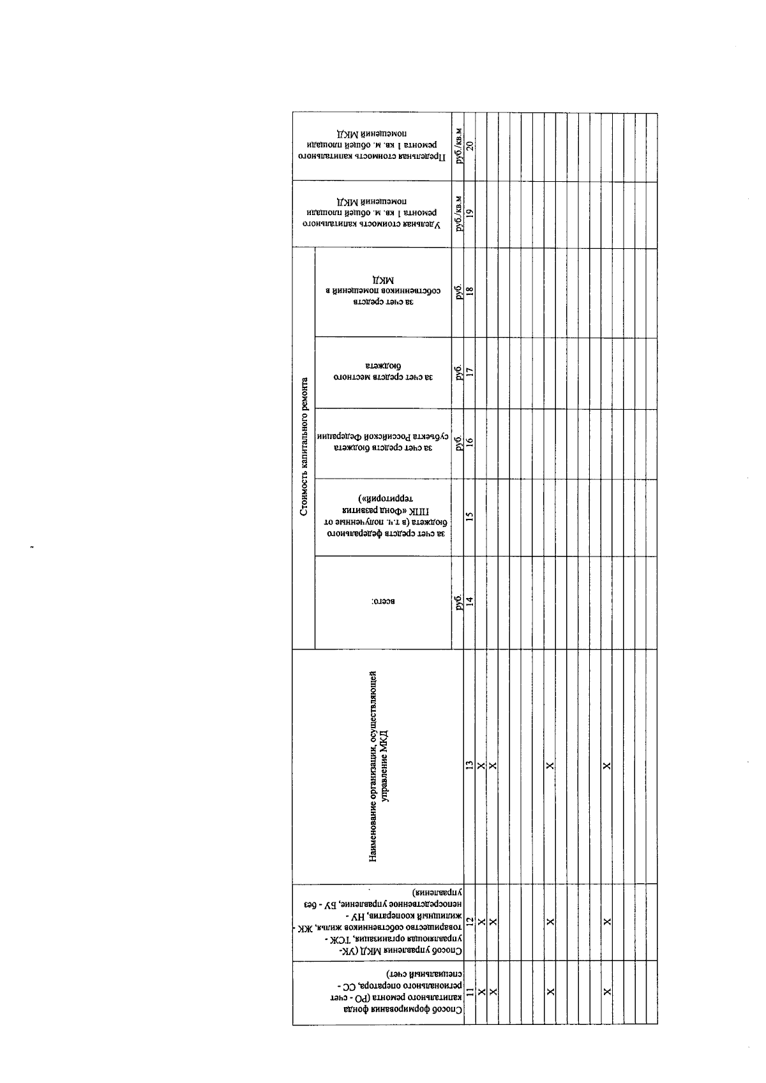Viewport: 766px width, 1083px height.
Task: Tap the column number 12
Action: coord(470,921)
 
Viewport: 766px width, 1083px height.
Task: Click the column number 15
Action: coord(470,516)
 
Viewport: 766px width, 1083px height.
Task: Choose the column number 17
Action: coord(470,371)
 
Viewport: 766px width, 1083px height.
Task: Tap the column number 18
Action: coord(470,291)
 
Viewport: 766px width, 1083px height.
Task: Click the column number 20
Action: coord(470,145)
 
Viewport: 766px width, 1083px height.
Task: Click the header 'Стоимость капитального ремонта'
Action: coord(304,447)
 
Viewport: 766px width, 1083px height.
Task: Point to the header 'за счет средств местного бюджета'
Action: coord(383,372)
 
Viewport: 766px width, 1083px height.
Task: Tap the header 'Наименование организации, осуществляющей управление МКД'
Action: coord(384,766)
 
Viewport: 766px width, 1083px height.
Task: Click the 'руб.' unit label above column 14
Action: coord(458,603)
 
